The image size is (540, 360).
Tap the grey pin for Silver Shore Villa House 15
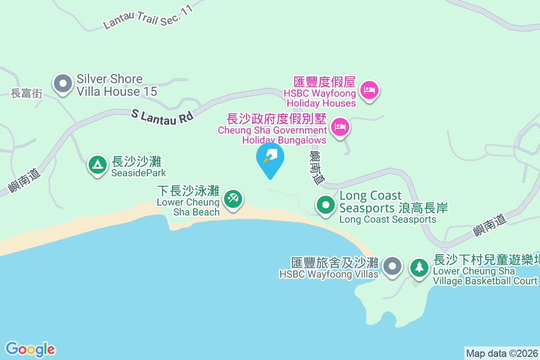(63, 84)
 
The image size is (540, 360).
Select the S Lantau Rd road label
(162, 115)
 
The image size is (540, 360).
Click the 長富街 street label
(27, 94)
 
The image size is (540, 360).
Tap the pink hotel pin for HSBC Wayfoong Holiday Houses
(369, 90)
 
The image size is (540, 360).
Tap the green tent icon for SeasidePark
(97, 165)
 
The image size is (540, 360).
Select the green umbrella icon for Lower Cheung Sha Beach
(233, 198)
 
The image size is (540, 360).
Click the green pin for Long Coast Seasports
(326, 205)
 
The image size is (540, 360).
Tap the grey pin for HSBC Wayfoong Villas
(392, 266)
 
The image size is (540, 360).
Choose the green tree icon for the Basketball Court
(419, 267)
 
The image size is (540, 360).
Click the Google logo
(30, 349)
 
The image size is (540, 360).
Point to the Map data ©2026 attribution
(502, 353)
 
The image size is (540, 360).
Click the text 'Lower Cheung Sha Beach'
(189, 207)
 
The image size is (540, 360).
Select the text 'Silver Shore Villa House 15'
(117, 85)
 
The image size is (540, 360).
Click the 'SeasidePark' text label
(139, 173)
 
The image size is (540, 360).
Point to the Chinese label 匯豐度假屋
(324, 82)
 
